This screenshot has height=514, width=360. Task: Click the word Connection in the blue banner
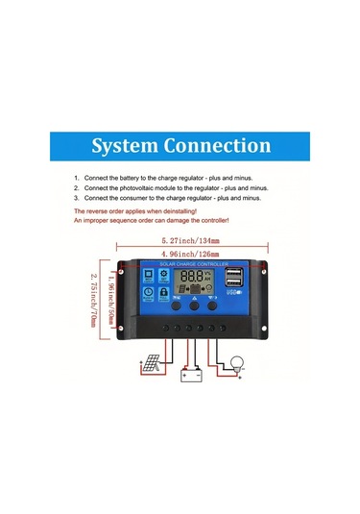click(221, 146)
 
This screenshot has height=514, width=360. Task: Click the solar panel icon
click(152, 366)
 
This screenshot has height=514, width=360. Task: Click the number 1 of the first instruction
click(76, 180)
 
